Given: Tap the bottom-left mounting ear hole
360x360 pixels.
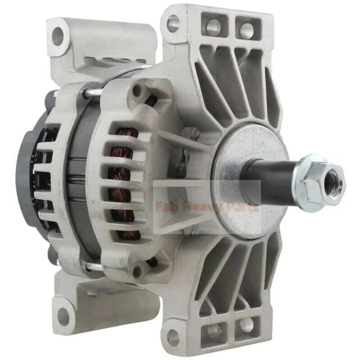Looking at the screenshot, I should coord(63,317).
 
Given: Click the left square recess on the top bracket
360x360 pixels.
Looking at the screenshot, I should coord(213,27).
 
